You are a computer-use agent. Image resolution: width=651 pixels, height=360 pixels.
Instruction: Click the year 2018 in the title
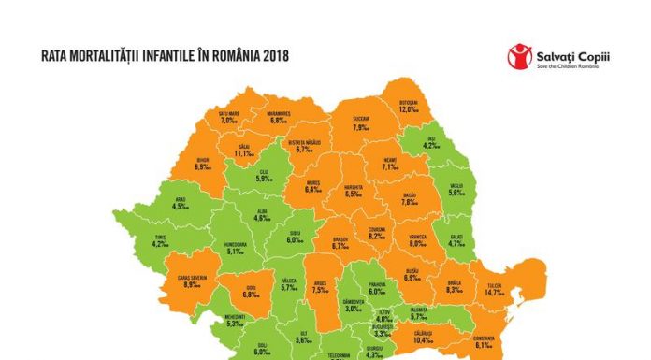tap(274, 56)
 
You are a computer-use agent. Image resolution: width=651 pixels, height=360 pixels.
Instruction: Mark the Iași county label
tap(428, 141)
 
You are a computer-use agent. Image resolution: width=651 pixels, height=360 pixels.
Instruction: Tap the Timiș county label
tap(160, 242)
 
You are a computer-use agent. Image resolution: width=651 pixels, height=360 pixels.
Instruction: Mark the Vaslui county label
tap(456, 189)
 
